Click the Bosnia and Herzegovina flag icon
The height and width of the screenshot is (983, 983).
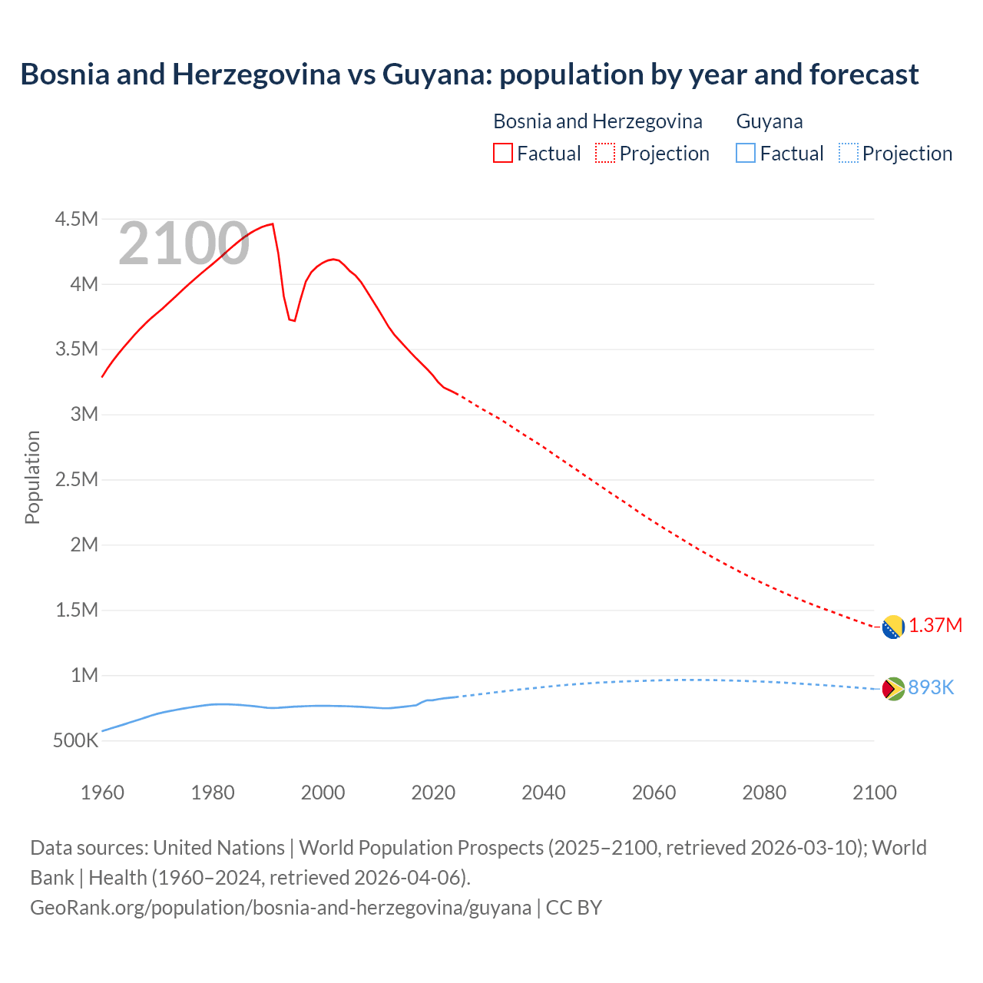coord(893,627)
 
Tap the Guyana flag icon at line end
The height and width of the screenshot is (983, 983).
coord(893,689)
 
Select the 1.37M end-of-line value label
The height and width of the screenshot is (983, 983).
coord(935,625)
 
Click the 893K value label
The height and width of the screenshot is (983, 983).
coord(931,687)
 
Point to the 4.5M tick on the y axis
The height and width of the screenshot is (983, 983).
coord(77,220)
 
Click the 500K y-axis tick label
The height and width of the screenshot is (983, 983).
coord(75,741)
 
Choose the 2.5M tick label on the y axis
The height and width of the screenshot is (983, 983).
coord(77,480)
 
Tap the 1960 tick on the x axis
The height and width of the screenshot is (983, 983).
coord(102,793)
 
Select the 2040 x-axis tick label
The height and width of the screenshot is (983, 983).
coord(544,793)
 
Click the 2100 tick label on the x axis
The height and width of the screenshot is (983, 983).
coord(875,793)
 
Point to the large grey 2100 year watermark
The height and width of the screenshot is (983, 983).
coord(184,244)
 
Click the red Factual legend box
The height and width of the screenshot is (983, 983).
coord(503,154)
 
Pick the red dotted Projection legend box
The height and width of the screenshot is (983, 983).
coord(605,154)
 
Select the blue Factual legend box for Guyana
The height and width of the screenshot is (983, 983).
coord(746,154)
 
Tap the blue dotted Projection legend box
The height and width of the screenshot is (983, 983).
coord(849,154)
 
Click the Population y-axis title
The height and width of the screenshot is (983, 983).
coord(32,477)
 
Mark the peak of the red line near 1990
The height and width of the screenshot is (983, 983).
coord(273,224)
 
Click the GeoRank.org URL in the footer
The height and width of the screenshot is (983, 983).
coord(280,908)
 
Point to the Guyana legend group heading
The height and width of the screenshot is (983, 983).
coord(770,121)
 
